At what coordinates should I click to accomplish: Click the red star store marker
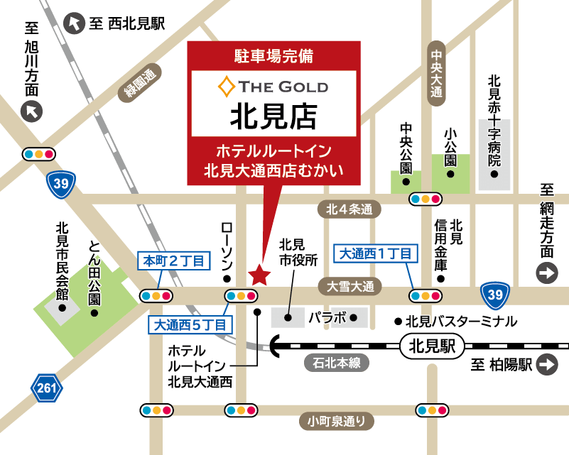pos(259,274)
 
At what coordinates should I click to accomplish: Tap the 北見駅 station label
pos(432,347)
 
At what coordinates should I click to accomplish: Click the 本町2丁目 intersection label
pos(174,261)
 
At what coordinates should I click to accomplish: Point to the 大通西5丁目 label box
pos(191,325)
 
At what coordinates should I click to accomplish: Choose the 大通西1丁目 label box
pos(375,253)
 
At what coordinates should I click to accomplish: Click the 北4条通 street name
pos(349,209)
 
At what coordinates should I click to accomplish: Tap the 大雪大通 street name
pos(349,286)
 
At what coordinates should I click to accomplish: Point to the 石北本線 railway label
pos(337,363)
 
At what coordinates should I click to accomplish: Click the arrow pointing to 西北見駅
pos(73,23)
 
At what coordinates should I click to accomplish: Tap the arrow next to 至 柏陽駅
pos(547,365)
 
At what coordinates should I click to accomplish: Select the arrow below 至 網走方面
pos(547,273)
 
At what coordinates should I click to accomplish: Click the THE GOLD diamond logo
pos(227,87)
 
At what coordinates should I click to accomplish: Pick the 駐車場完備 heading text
pos(273,55)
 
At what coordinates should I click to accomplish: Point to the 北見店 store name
pos(273,115)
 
